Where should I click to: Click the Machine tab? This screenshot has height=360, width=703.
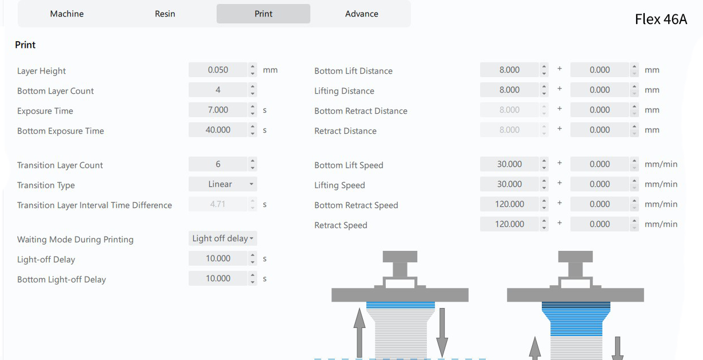[67, 14]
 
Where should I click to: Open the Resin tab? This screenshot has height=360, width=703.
[165, 14]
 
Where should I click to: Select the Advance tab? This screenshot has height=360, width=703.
[361, 14]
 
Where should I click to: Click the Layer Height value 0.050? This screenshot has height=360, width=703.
[218, 70]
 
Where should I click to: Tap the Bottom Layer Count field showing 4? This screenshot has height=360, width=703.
[218, 90]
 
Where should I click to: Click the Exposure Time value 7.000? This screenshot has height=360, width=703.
[218, 110]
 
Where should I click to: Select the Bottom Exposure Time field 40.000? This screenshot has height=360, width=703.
[218, 130]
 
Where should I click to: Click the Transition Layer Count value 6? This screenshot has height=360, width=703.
[218, 164]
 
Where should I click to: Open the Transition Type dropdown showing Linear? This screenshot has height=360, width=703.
[223, 184]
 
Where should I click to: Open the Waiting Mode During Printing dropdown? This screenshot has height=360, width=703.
[223, 238]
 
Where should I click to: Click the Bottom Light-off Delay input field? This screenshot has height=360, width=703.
[218, 278]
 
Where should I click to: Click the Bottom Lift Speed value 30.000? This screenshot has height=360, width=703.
[509, 164]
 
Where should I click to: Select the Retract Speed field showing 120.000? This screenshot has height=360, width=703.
[509, 224]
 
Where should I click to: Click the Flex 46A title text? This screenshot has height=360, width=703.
[661, 19]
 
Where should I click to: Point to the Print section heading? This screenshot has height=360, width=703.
[25, 45]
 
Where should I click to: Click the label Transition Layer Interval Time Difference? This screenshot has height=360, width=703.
[94, 205]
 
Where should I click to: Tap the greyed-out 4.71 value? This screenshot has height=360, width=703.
[218, 204]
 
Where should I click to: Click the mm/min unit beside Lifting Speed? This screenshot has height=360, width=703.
[661, 184]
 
